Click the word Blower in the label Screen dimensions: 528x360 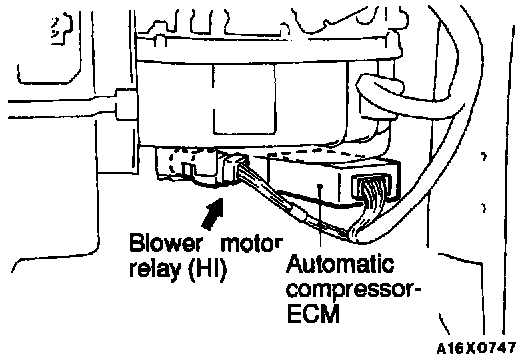coord(166,243)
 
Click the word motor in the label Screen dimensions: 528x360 coord(252,243)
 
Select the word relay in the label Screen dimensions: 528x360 coord(156,269)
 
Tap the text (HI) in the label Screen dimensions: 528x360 coord(207,269)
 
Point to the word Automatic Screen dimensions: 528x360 coord(340,263)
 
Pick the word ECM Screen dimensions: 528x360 coord(314,314)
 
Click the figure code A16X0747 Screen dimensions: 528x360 coord(476,348)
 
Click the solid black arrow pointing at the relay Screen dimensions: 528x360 coord(213,214)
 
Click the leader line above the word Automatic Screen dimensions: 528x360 coord(320,219)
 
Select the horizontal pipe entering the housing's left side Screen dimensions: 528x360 coord(62,107)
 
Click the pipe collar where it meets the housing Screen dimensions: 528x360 coord(126,104)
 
